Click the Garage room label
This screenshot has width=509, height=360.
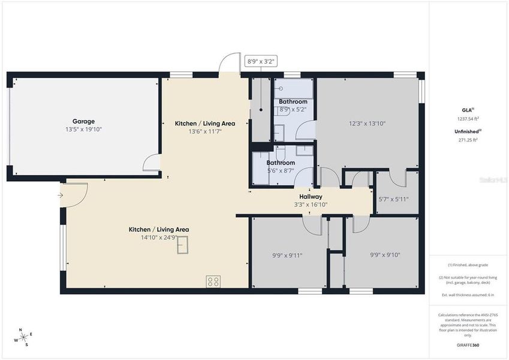[x=84, y=121]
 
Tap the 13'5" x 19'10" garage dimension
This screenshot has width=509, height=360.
[x=84, y=129]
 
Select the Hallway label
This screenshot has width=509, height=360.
[x=311, y=196]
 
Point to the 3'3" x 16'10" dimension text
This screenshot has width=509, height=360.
[x=311, y=205]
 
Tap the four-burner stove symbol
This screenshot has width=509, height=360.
[x=213, y=281]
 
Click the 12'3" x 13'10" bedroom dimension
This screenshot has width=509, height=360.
[x=368, y=124]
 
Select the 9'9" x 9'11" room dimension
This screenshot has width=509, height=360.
[x=287, y=255]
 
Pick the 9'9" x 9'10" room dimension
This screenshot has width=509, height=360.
[x=385, y=255]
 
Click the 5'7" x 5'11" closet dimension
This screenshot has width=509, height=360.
[x=393, y=199]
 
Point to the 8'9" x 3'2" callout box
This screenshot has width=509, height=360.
[x=261, y=61]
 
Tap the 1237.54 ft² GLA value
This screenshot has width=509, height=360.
[x=468, y=119]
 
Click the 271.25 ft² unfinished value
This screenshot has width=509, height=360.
[x=468, y=140]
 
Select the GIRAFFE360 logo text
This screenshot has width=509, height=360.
[x=468, y=345]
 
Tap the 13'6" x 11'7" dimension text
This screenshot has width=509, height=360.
[x=204, y=131]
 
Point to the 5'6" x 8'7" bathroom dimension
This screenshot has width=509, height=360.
[x=281, y=171]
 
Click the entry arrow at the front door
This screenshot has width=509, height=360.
[x=61, y=195]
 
